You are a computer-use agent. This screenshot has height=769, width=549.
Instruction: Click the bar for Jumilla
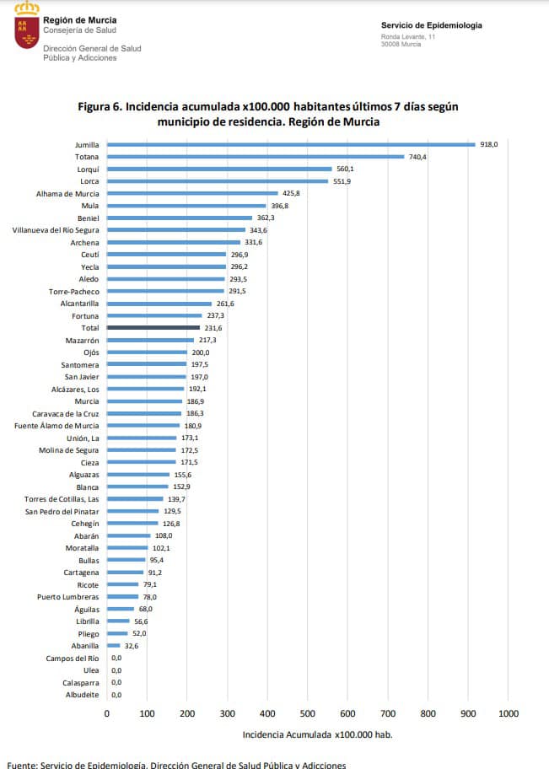(x=291, y=144)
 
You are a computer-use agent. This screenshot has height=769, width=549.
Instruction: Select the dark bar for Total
(x=153, y=327)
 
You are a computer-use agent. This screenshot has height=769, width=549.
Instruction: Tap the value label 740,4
(x=418, y=157)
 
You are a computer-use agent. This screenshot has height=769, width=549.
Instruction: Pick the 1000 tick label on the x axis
(x=509, y=713)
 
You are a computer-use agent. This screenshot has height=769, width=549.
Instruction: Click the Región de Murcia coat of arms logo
(x=27, y=26)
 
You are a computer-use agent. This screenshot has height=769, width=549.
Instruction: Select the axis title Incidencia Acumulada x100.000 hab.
(x=317, y=734)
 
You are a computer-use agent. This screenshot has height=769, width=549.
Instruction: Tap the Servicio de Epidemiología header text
(x=431, y=25)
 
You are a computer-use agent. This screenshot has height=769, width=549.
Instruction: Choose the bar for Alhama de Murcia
(x=192, y=193)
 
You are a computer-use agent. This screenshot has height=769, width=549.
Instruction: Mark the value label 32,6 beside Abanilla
(x=131, y=646)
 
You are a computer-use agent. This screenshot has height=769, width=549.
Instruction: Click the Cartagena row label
(x=81, y=573)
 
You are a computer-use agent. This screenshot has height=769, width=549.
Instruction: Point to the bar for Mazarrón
(x=150, y=340)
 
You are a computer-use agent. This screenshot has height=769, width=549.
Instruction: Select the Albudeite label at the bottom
(x=82, y=695)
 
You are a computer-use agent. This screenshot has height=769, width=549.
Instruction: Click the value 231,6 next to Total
(x=212, y=327)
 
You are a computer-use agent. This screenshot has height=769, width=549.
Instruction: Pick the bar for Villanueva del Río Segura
(x=175, y=230)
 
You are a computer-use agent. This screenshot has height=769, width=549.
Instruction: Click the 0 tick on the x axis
(x=107, y=713)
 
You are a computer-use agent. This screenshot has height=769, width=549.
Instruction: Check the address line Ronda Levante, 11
(x=408, y=37)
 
